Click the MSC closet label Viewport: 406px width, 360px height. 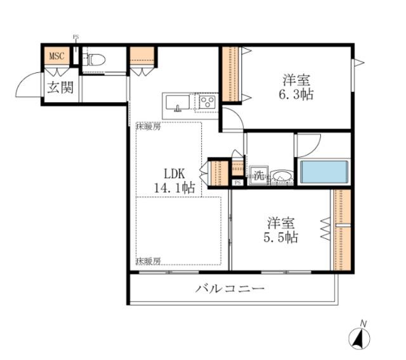coord(57,56)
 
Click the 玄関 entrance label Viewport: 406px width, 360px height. coord(58,87)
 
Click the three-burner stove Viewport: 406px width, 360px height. coord(207,101)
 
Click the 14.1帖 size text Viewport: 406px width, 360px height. coord(173,187)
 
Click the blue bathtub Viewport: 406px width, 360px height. coord(324,172)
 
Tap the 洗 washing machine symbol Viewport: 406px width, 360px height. coord(258,176)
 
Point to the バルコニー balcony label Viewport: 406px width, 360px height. coord(229,289)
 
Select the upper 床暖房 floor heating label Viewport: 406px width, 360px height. coord(148,126)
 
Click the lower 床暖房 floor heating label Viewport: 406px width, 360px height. coord(148,260)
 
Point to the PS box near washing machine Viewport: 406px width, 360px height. coord(237,183)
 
